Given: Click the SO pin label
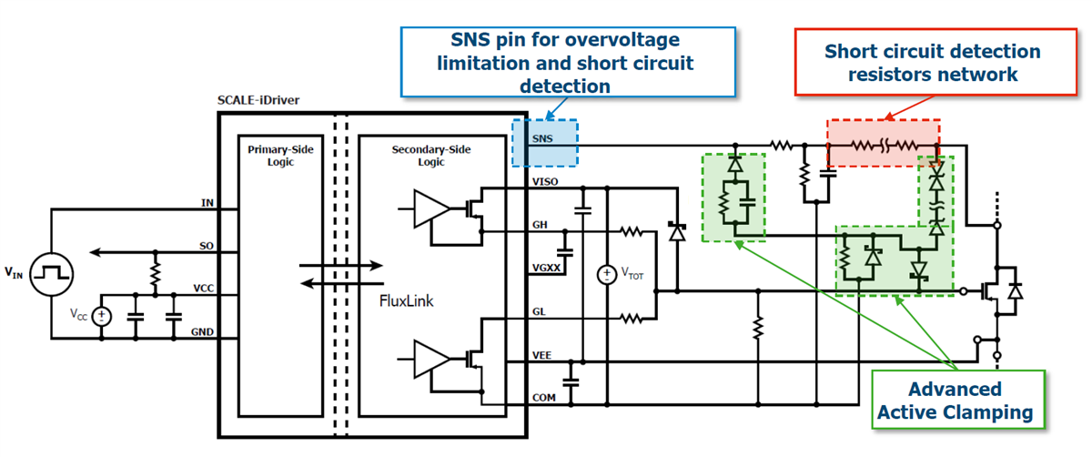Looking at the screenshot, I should click(207, 246).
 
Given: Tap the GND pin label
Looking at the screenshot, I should click(203, 331).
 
